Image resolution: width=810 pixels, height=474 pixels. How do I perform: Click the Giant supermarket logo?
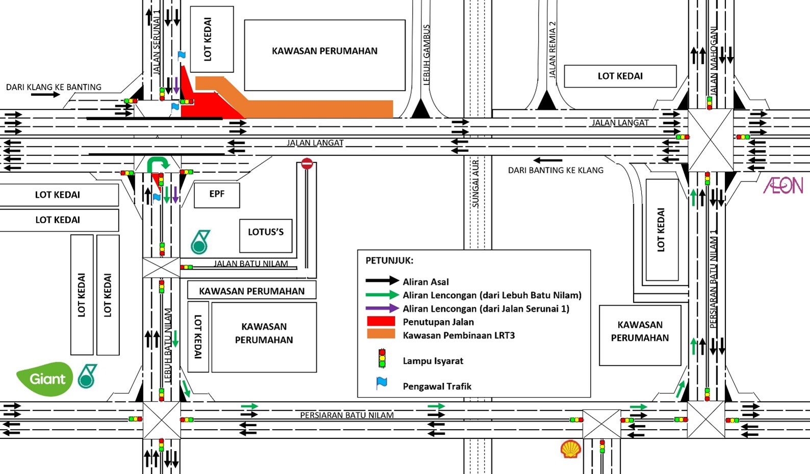click(x=45, y=379)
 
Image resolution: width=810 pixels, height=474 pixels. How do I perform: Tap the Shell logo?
click(x=570, y=449)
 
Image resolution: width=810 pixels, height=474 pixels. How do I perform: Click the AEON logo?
click(x=783, y=186)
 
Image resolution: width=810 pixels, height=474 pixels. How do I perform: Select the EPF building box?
click(x=217, y=194)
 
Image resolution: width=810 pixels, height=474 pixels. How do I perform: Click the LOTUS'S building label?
click(x=266, y=232)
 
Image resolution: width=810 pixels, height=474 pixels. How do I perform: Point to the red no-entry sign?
click(x=307, y=164)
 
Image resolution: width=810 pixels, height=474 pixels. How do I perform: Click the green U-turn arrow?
click(x=158, y=164)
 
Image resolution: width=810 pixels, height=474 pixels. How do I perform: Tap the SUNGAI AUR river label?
click(x=476, y=183)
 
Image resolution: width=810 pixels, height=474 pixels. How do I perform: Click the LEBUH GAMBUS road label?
click(x=427, y=55)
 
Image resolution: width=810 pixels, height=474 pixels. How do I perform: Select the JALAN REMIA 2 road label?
click(x=552, y=49)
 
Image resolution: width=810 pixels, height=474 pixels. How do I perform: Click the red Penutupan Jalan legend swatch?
click(x=381, y=322)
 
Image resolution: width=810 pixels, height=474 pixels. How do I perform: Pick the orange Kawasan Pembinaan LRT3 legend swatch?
click(x=381, y=334)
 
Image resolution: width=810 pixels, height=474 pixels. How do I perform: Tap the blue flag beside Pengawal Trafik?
click(x=382, y=384)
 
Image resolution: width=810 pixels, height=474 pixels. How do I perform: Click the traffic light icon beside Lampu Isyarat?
click(x=382, y=359)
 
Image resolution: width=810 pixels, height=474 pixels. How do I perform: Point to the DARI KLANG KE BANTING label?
click(x=54, y=87)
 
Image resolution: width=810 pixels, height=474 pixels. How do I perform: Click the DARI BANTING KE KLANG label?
click(x=555, y=170)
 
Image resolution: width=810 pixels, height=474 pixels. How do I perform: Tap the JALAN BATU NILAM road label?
click(x=251, y=264)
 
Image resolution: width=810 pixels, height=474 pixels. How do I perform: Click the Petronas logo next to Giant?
click(x=87, y=377)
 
